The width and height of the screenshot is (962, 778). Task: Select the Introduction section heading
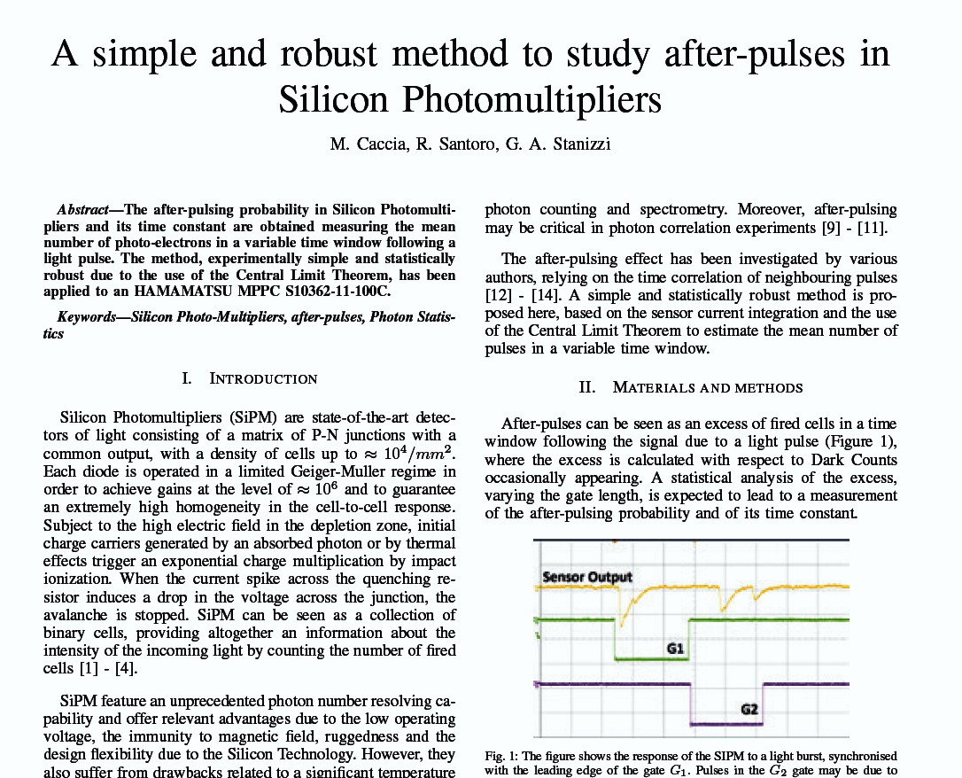tap(262, 378)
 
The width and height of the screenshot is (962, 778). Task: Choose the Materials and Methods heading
tap(707, 387)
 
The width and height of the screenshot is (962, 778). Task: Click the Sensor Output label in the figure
tap(587, 578)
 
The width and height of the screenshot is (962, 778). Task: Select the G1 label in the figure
tap(676, 649)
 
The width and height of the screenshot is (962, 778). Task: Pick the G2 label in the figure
tap(749, 710)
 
